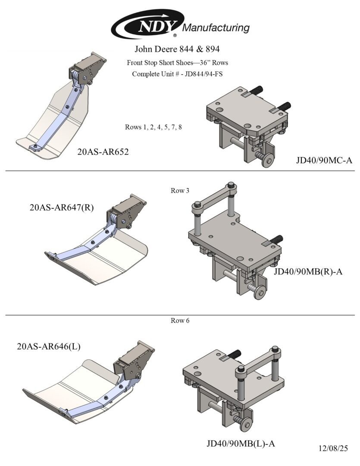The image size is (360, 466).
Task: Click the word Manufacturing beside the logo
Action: (x=216, y=28)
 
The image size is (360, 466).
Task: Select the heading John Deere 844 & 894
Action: (x=177, y=49)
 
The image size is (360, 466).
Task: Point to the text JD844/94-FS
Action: (x=203, y=74)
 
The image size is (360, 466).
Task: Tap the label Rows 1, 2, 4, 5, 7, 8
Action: (x=153, y=127)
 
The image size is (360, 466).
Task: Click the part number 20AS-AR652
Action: (x=103, y=152)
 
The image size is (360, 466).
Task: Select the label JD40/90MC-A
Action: (x=324, y=160)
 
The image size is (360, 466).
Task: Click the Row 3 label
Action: (x=180, y=191)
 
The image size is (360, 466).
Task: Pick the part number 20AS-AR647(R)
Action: (x=62, y=207)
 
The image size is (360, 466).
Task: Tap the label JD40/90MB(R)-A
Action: (x=308, y=271)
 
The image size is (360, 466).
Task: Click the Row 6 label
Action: (x=180, y=320)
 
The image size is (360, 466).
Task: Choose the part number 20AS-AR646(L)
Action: (x=49, y=346)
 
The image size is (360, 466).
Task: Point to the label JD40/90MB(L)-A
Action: (x=241, y=444)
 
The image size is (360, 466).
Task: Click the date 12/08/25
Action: (x=333, y=448)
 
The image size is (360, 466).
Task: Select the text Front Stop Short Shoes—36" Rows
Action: (x=177, y=63)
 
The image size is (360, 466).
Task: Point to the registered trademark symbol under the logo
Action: (x=175, y=35)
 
